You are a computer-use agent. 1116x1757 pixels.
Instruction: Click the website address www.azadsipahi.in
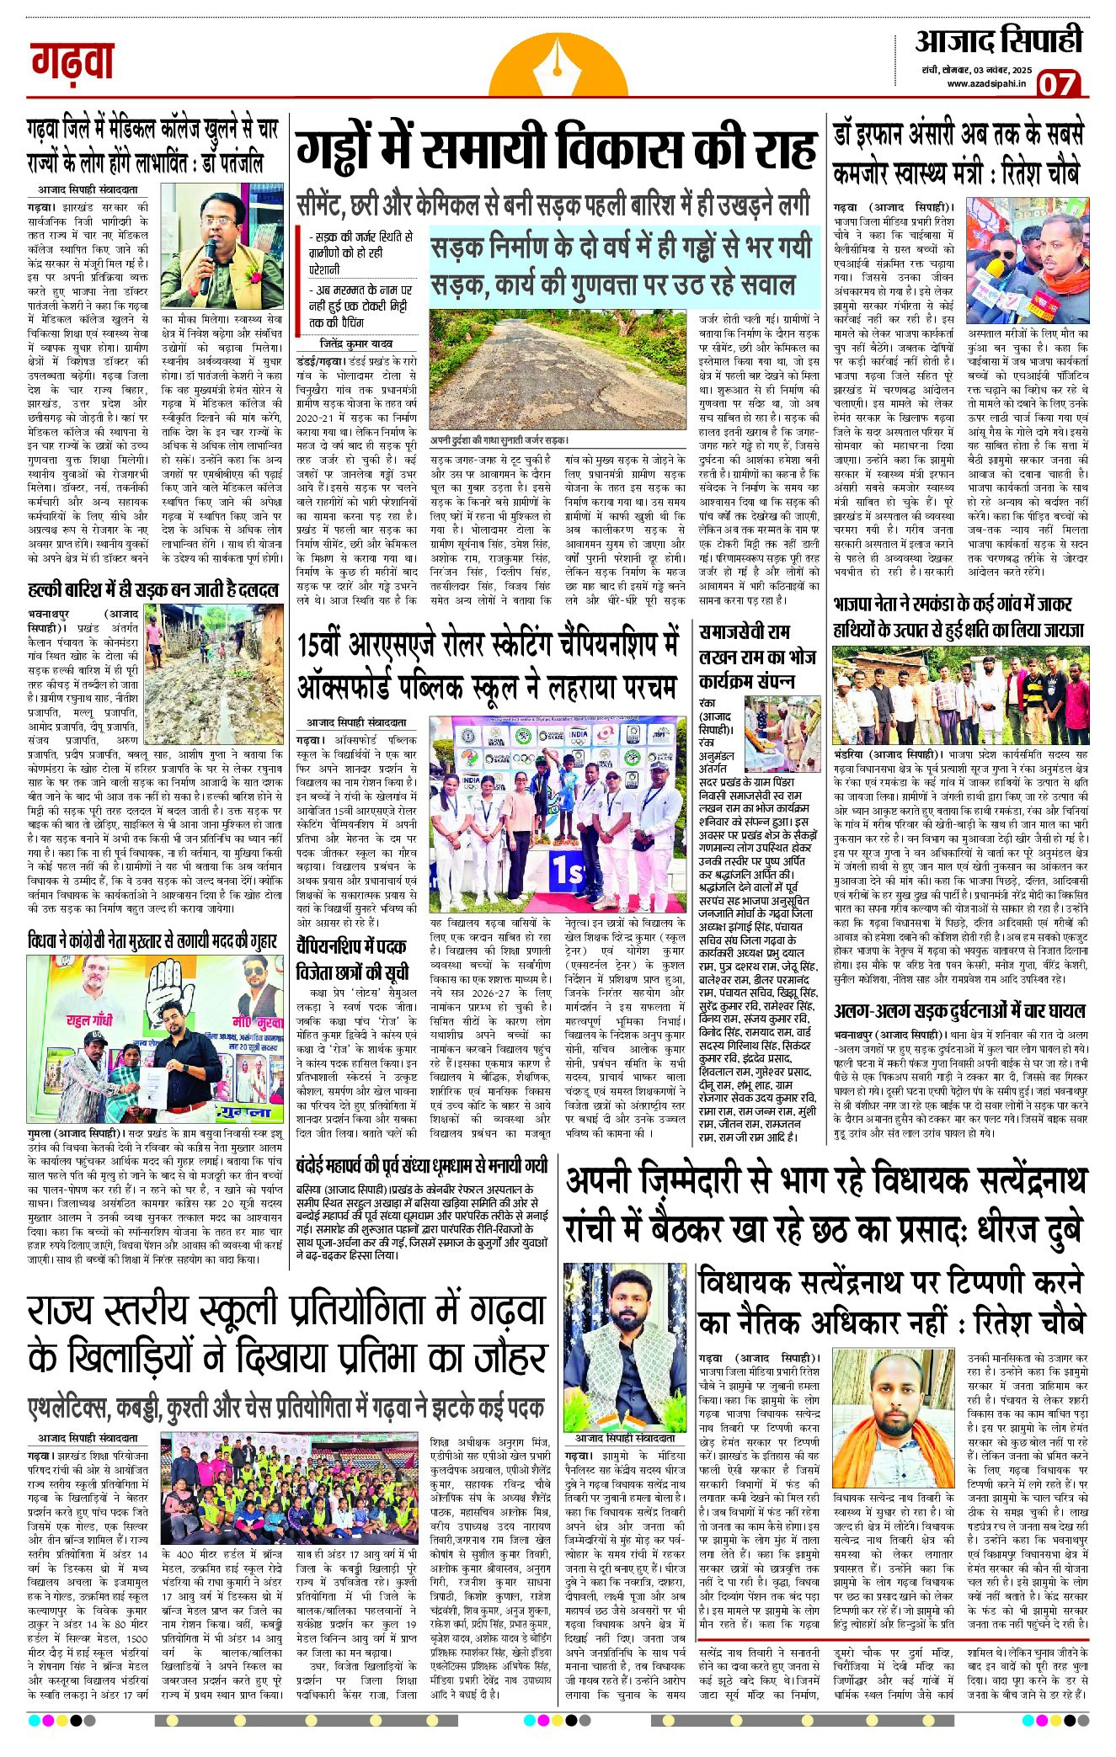click(x=985, y=83)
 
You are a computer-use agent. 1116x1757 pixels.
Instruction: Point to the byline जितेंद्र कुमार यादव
click(x=356, y=343)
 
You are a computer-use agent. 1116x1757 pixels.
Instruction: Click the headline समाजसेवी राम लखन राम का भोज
click(x=745, y=656)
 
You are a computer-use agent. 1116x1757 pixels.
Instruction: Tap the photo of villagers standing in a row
click(x=959, y=695)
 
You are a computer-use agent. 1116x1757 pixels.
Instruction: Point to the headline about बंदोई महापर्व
click(x=422, y=1166)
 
